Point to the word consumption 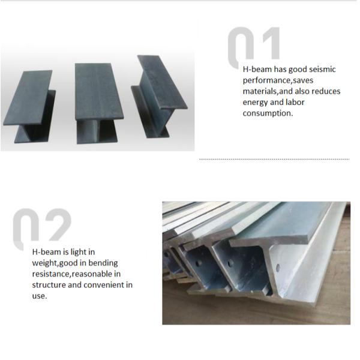[x=268, y=113]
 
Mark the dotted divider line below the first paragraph [x=274, y=159]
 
